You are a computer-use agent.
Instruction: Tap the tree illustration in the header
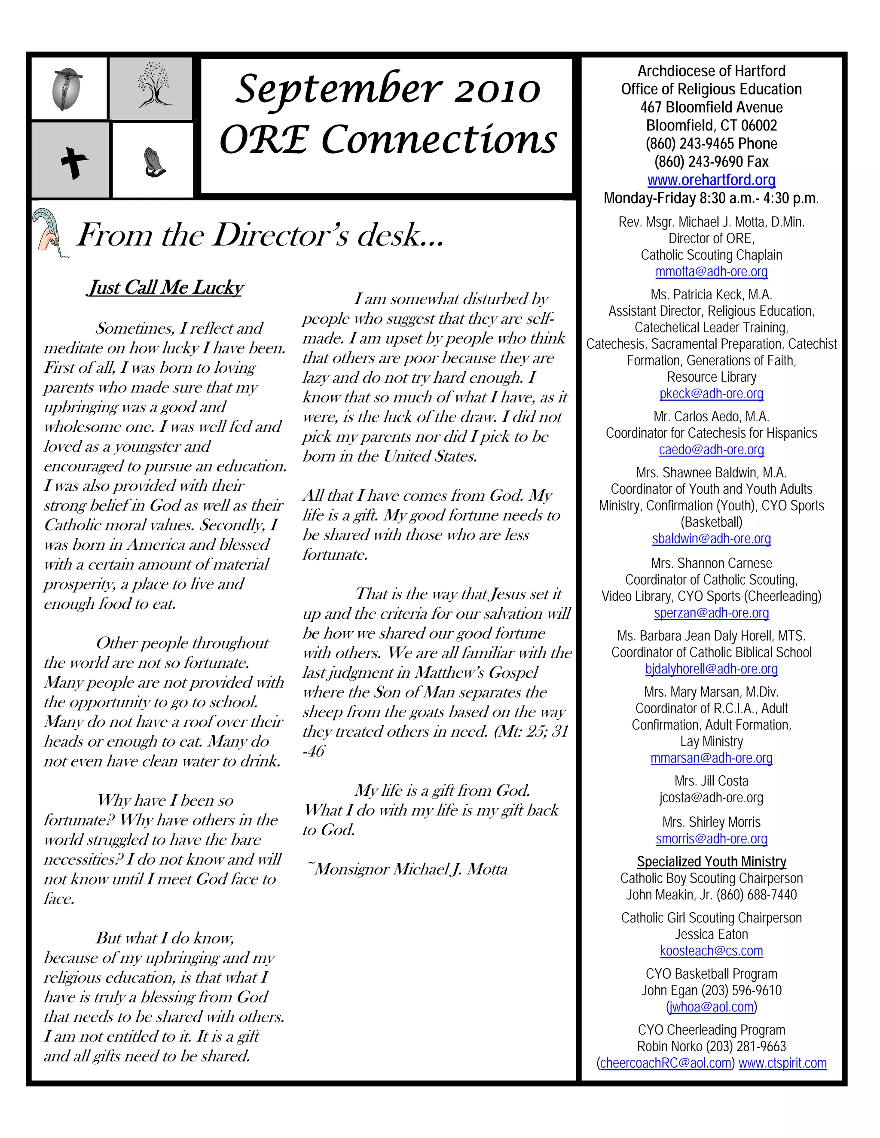(154, 86)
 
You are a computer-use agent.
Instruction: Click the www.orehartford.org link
(711, 180)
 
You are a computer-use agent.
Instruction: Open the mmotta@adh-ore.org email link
(711, 271)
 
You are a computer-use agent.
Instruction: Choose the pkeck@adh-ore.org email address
(711, 393)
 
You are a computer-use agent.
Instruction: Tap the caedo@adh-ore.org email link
(711, 449)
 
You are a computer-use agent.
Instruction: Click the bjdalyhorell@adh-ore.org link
(711, 669)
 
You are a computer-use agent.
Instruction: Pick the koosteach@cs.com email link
(711, 950)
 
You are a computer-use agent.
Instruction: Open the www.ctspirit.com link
(782, 1063)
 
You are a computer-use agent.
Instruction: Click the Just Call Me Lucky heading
(165, 287)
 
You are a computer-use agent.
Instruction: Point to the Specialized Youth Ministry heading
(711, 861)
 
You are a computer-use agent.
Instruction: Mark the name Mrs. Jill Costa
(711, 781)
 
